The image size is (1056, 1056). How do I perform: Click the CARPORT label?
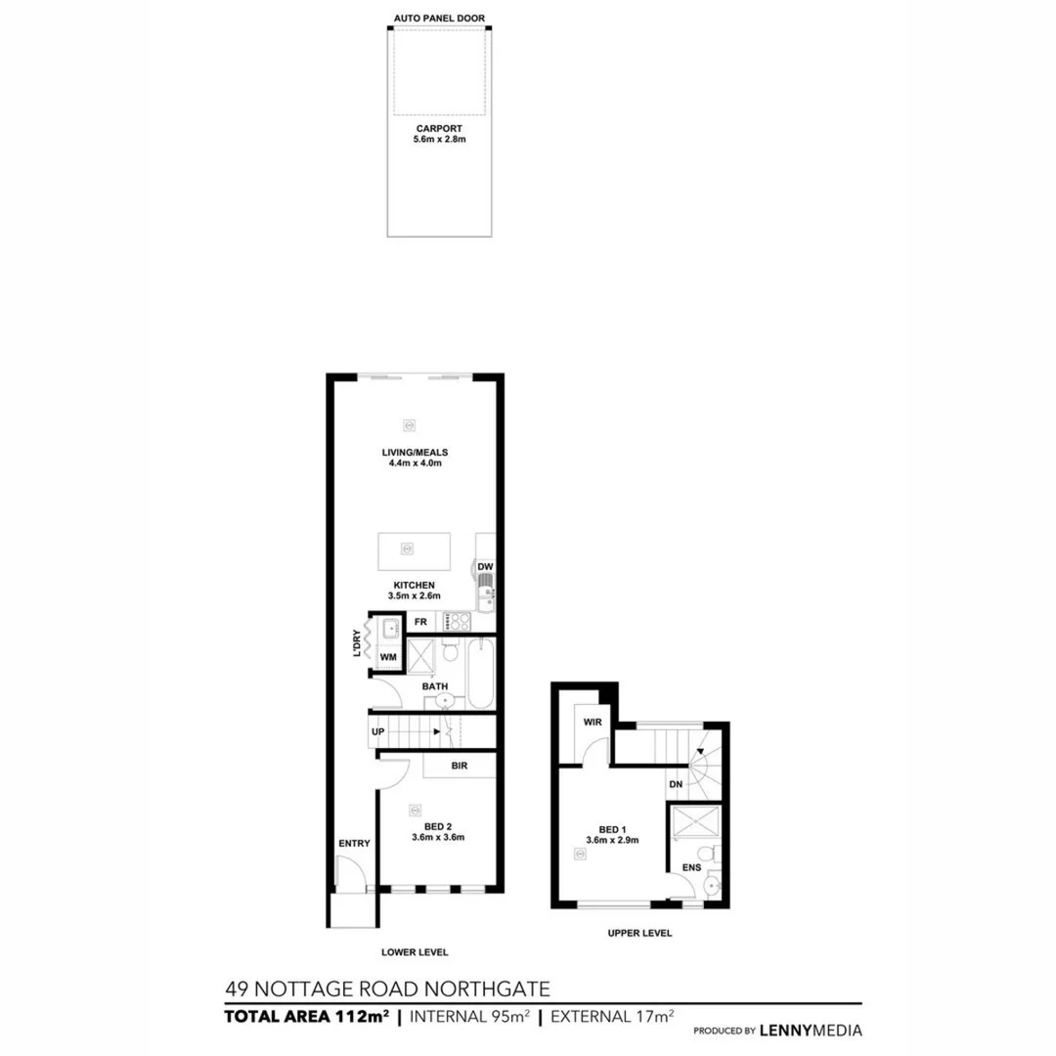pos(439,128)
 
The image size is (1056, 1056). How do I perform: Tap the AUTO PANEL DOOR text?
pos(439,19)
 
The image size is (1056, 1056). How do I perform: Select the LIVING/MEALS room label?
pos(415,453)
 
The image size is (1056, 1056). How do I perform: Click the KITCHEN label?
pos(415,586)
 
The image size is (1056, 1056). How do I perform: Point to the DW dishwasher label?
pos(485,567)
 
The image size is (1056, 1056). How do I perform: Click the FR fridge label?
pos(420,622)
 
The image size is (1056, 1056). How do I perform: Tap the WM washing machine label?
pos(388,657)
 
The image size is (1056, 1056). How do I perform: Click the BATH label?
pos(435,686)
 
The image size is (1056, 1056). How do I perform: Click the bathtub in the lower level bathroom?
pos(481,673)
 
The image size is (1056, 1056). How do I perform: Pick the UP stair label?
pos(378,731)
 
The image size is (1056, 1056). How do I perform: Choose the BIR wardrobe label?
pos(459,766)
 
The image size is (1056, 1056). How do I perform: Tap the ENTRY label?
pos(353,843)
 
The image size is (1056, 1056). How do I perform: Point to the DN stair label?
pos(676,784)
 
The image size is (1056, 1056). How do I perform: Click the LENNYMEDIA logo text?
pos(811,1030)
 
